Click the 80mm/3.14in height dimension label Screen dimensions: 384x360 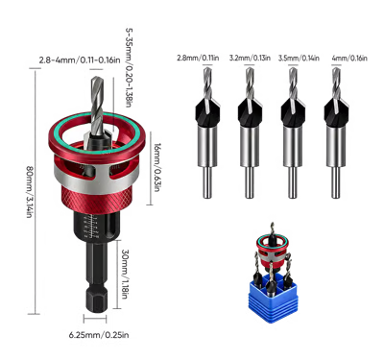click(29, 192)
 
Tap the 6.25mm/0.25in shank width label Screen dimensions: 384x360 click(99, 335)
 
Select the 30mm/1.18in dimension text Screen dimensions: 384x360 click(126, 274)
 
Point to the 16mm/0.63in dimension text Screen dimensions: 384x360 click(157, 167)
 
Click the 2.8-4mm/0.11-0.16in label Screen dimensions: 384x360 click(80, 60)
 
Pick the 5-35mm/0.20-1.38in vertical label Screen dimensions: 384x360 click(129, 67)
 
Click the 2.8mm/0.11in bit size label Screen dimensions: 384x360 click(198, 58)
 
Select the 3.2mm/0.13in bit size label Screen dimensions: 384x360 click(250, 58)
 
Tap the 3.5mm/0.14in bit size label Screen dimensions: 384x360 click(299, 58)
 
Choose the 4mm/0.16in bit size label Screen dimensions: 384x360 click(349, 58)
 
